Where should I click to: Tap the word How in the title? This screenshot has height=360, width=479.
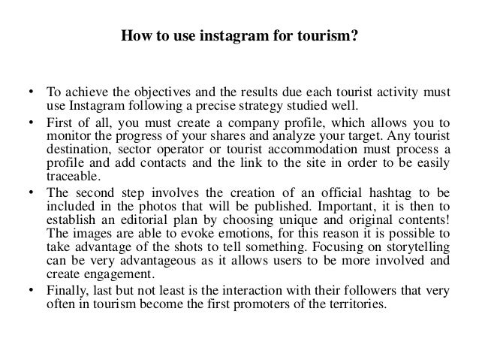tap(134, 35)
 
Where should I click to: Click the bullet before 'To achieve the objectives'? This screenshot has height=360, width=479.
tap(31, 93)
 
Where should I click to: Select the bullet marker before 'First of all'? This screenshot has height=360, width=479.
tap(31, 123)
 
